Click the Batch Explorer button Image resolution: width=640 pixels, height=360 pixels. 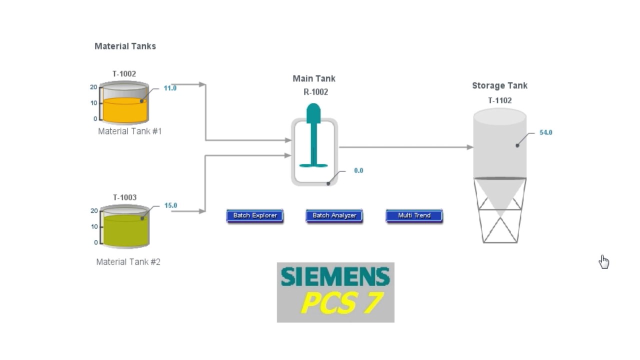point(255,215)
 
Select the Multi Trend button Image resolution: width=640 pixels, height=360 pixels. point(414,215)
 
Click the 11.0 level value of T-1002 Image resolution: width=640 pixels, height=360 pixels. point(170,88)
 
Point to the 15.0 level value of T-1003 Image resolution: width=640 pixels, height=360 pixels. point(170,205)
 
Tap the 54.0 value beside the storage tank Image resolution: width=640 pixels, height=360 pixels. point(545,132)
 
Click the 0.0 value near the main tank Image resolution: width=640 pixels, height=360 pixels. point(358,170)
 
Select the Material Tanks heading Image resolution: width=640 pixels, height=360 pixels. point(125,46)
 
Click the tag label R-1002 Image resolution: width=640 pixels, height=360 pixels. point(315,92)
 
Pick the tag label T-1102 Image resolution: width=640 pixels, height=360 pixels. point(499,100)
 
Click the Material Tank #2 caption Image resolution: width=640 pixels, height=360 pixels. point(128,262)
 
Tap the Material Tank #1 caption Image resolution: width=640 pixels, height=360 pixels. point(129,131)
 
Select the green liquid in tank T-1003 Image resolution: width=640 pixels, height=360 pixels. point(125,231)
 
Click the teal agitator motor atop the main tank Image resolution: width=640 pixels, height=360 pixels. point(313,113)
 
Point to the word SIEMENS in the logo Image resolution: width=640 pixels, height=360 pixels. point(335,276)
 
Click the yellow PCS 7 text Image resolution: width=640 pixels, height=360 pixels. point(341,303)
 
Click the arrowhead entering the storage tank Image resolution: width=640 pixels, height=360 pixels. point(470,147)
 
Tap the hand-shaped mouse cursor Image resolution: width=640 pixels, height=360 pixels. point(604,262)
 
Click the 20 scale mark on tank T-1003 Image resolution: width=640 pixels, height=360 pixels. point(94,211)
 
